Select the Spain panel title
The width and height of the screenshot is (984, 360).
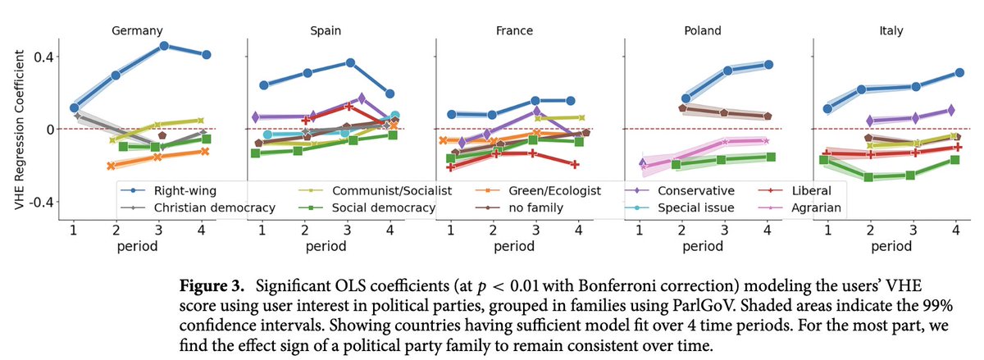pos(327,31)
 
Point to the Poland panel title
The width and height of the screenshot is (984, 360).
pos(703,31)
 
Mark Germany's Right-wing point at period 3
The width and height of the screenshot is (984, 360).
pos(164,45)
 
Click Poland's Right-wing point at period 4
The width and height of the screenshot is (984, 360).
pos(768,64)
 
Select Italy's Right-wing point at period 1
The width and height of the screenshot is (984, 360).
pos(828,108)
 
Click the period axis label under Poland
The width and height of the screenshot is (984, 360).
pos(704,244)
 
